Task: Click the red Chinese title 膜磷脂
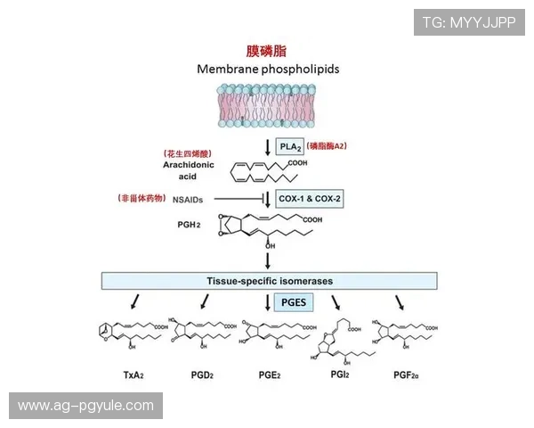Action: coord(267,51)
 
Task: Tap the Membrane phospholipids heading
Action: coord(267,69)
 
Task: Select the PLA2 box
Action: coord(288,145)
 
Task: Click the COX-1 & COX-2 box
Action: coord(311,198)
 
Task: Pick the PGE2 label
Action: coord(268,377)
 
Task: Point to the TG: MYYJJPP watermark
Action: coord(469,21)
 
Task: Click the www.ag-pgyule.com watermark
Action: coord(85,406)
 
